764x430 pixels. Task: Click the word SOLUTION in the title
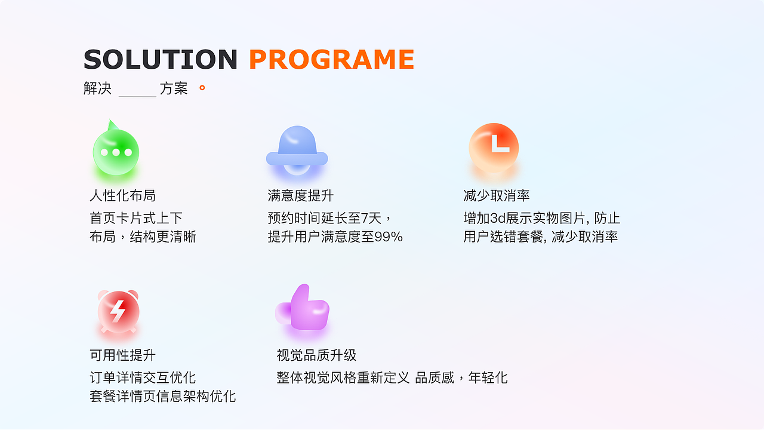pyautogui.click(x=161, y=60)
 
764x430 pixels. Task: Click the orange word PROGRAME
pyautogui.click(x=331, y=60)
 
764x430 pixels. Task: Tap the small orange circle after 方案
pyautogui.click(x=202, y=88)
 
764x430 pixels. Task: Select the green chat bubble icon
pyautogui.click(x=116, y=152)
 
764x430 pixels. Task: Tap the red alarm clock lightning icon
pyautogui.click(x=118, y=311)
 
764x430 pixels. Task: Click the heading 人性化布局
pyautogui.click(x=122, y=195)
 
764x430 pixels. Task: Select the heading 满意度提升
pyautogui.click(x=300, y=195)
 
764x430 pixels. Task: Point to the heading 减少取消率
pyautogui.click(x=497, y=195)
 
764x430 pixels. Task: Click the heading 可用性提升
pyautogui.click(x=122, y=355)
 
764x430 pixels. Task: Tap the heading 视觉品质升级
pyautogui.click(x=316, y=355)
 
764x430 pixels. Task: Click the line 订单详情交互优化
pyautogui.click(x=143, y=377)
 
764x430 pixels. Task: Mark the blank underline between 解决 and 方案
pyautogui.click(x=137, y=94)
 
